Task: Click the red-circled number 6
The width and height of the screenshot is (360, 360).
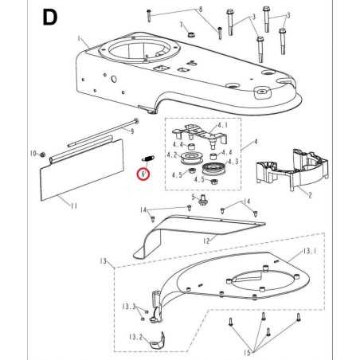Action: tap(143, 172)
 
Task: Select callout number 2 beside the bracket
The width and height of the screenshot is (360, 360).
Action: tap(309, 194)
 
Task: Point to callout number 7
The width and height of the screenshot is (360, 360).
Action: tap(182, 25)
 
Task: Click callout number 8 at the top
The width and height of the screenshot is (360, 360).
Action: tap(201, 9)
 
